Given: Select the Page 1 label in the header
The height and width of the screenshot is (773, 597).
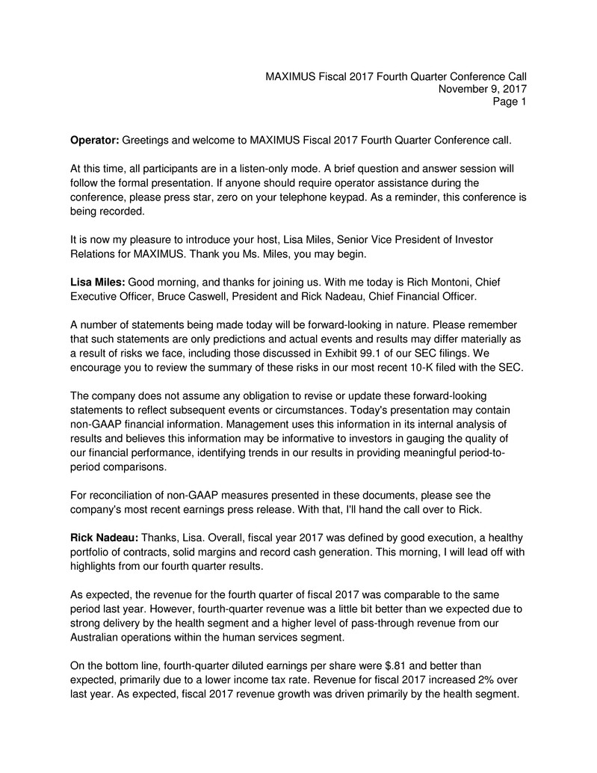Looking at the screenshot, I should (x=510, y=102).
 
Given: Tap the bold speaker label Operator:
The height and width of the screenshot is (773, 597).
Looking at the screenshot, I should (x=94, y=140).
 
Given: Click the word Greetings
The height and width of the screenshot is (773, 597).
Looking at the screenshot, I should (x=147, y=140).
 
